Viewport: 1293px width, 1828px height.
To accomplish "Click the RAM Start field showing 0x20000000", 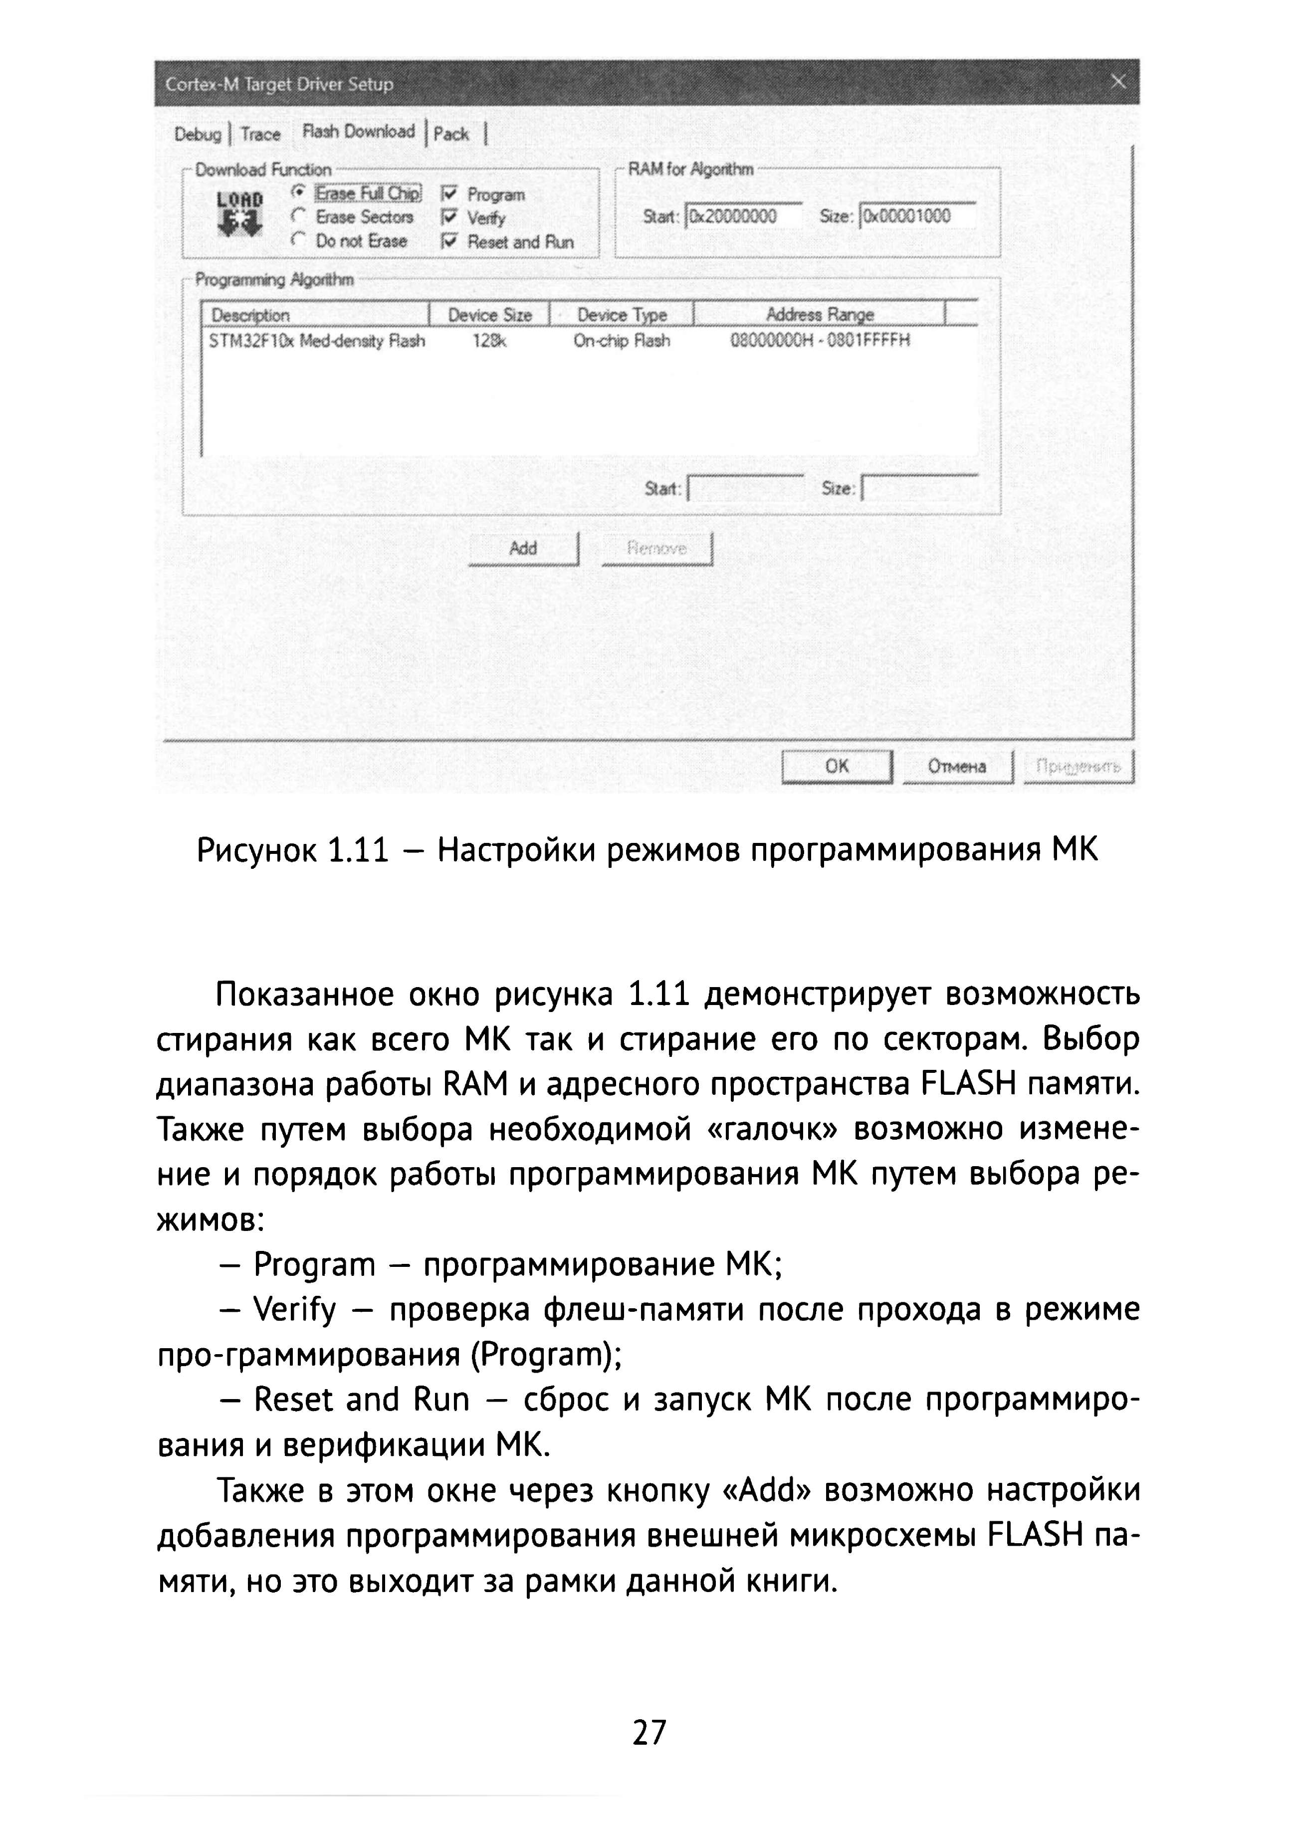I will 744,216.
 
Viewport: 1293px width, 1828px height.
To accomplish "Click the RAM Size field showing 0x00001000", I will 918,216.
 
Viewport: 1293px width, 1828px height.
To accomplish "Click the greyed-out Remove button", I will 657,549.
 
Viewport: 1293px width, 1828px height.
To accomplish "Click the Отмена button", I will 957,766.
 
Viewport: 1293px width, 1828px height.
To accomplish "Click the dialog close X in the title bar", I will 1118,82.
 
